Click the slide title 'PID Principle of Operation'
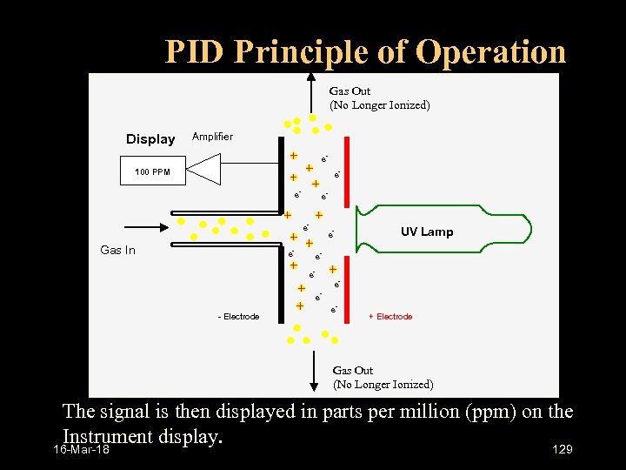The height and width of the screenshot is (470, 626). (365, 52)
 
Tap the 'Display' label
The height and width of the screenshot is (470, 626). (150, 139)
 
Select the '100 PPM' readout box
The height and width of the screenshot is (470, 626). (152, 172)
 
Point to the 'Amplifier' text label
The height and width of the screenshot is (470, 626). (212, 137)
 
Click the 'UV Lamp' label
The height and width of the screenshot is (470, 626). (426, 232)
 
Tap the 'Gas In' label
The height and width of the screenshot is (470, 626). (118, 251)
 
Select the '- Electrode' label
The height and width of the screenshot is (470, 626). (238, 317)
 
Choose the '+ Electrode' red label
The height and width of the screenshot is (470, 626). (390, 317)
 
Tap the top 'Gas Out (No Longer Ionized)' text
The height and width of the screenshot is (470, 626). (378, 98)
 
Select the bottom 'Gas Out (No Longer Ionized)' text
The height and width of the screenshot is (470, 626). (383, 378)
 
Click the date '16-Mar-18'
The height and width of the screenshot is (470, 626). (81, 450)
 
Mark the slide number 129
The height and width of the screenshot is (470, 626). (563, 449)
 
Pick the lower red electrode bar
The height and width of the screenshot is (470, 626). (346, 284)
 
